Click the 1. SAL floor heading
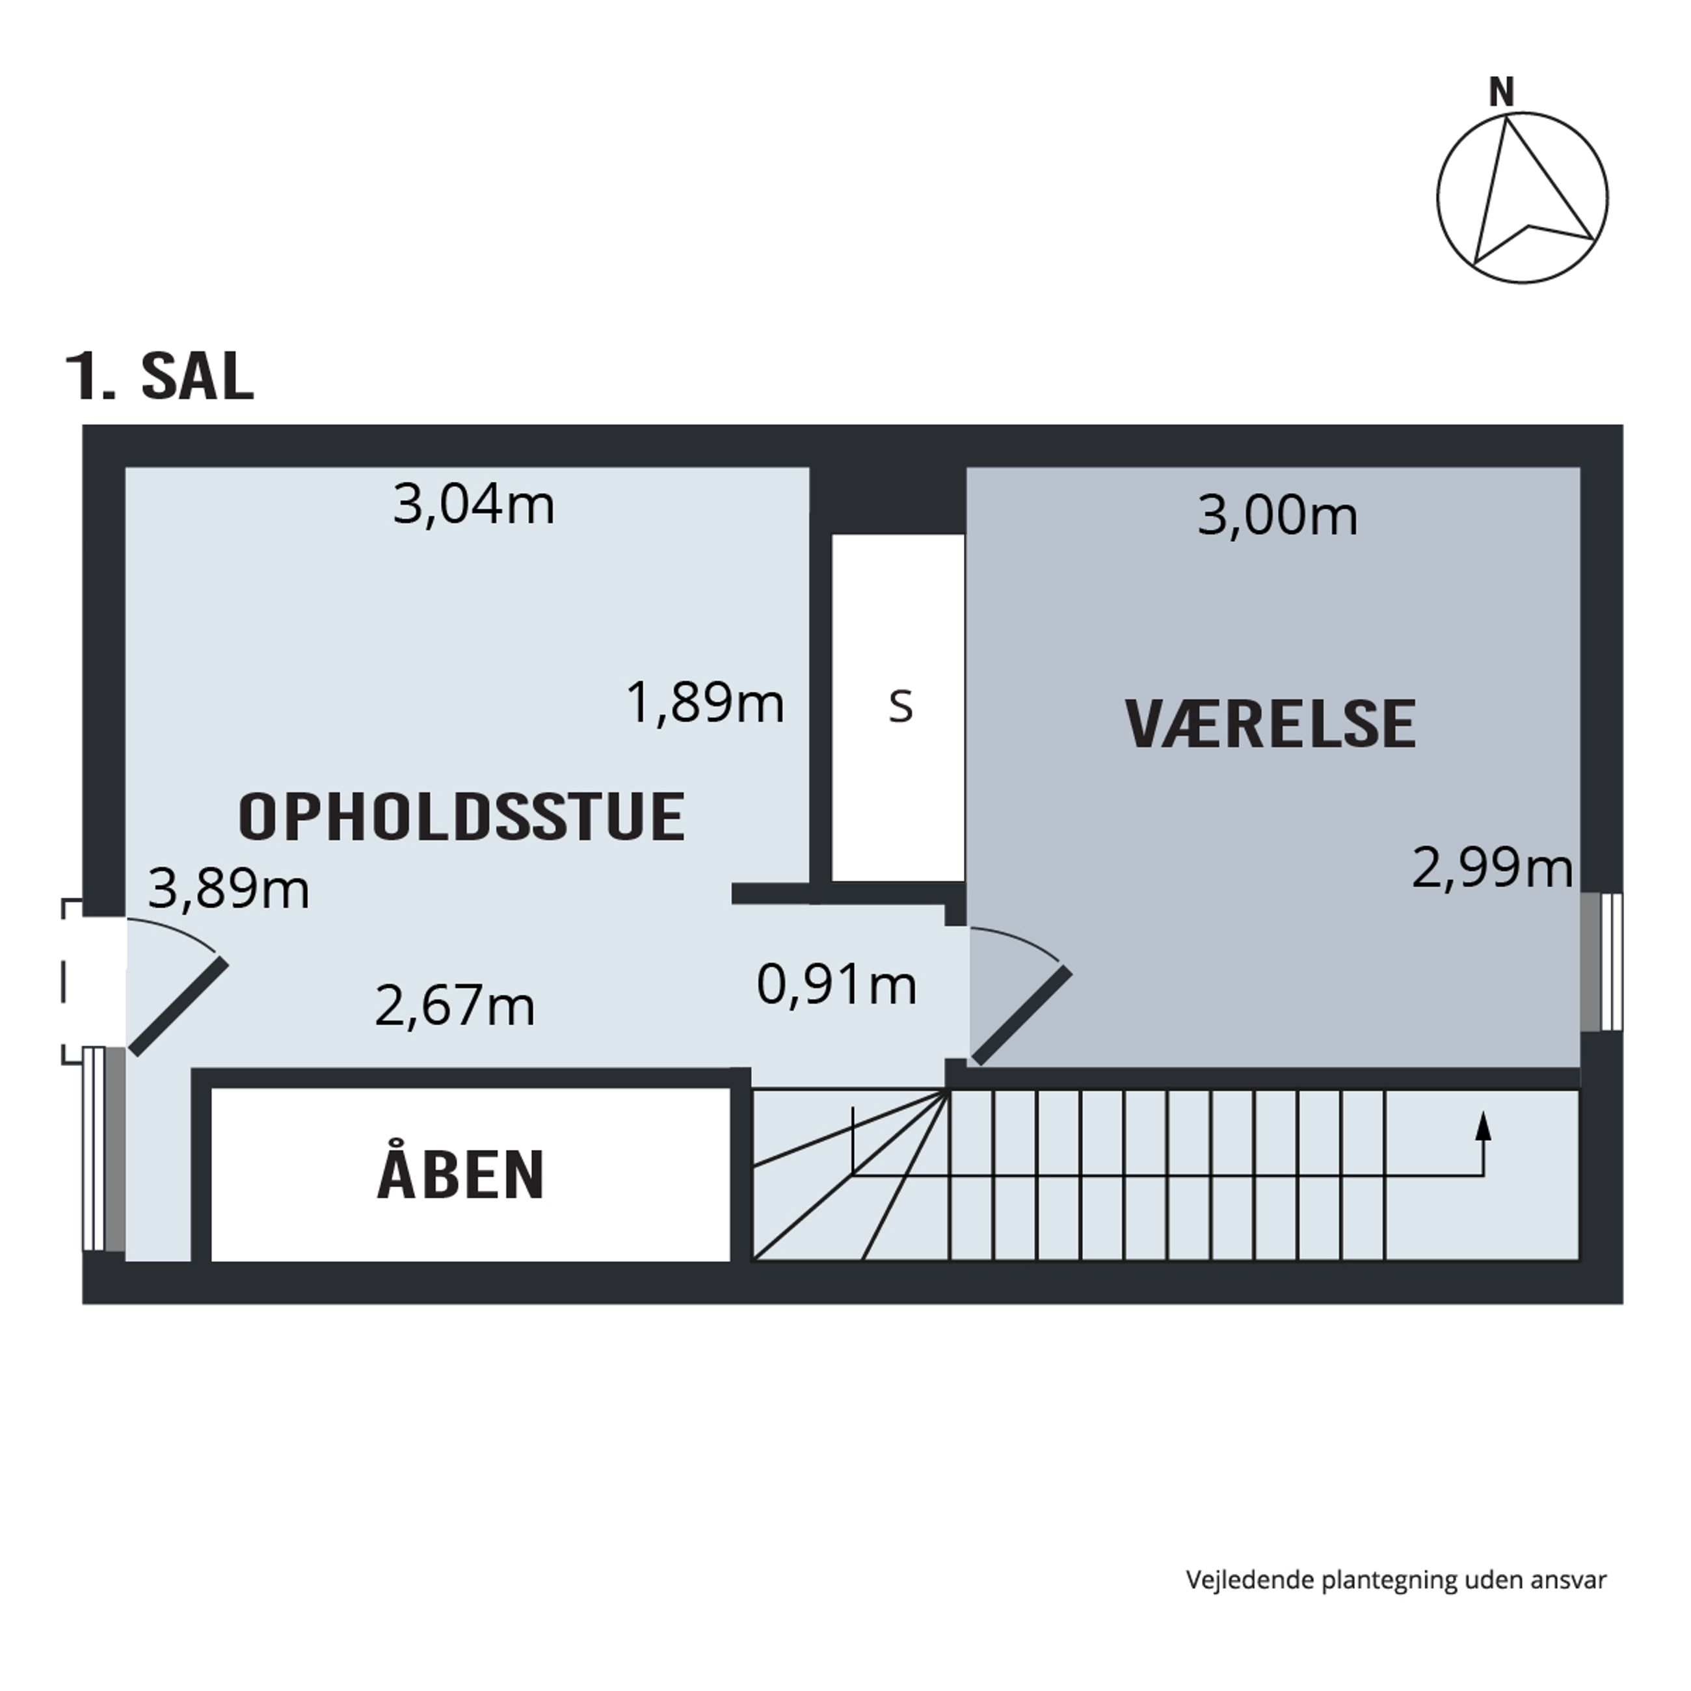point(160,377)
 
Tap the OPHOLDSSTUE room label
point(461,817)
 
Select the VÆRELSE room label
point(1270,724)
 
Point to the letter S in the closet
point(901,707)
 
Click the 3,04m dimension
point(473,506)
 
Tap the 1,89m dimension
point(704,703)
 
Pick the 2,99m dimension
point(1493,869)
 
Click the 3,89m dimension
point(228,889)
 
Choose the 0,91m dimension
point(836,985)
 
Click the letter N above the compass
point(1502,91)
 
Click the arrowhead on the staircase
point(1483,1125)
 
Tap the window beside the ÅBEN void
point(104,1149)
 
